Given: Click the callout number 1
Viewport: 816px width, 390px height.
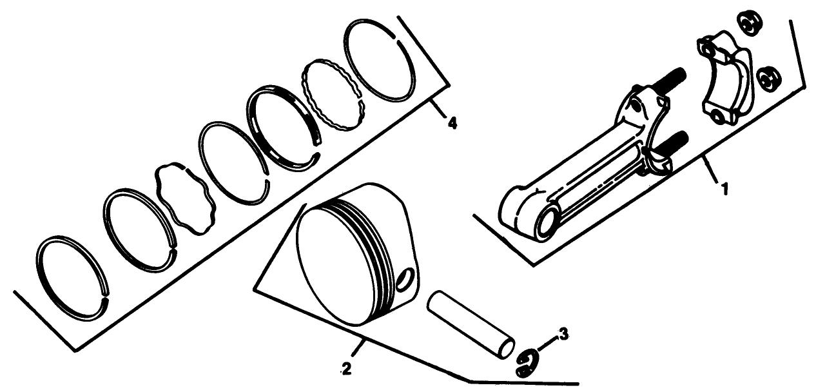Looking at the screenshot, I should point(724,190).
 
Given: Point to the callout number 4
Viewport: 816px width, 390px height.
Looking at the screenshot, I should point(452,122).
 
